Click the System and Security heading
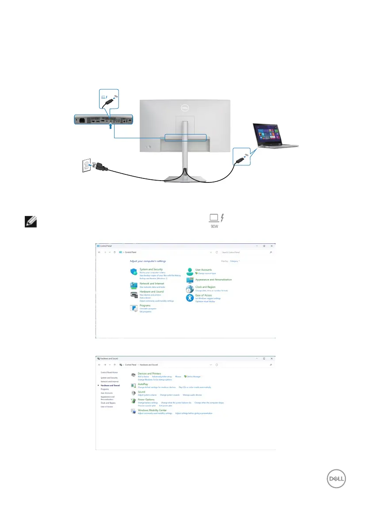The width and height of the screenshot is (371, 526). (x=151, y=269)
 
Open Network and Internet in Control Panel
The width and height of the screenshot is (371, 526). (x=152, y=284)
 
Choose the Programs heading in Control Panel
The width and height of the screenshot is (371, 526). (x=145, y=306)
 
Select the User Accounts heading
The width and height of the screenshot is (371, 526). (x=203, y=269)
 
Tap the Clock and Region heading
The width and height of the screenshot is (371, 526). (x=205, y=287)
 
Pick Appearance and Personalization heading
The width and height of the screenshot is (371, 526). (x=213, y=280)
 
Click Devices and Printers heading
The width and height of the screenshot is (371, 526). (x=149, y=373)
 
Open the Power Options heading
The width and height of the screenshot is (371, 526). (x=146, y=400)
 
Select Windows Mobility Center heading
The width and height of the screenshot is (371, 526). (x=152, y=410)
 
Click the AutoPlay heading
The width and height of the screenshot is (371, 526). (x=142, y=384)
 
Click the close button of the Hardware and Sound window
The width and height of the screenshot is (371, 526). (x=271, y=358)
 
